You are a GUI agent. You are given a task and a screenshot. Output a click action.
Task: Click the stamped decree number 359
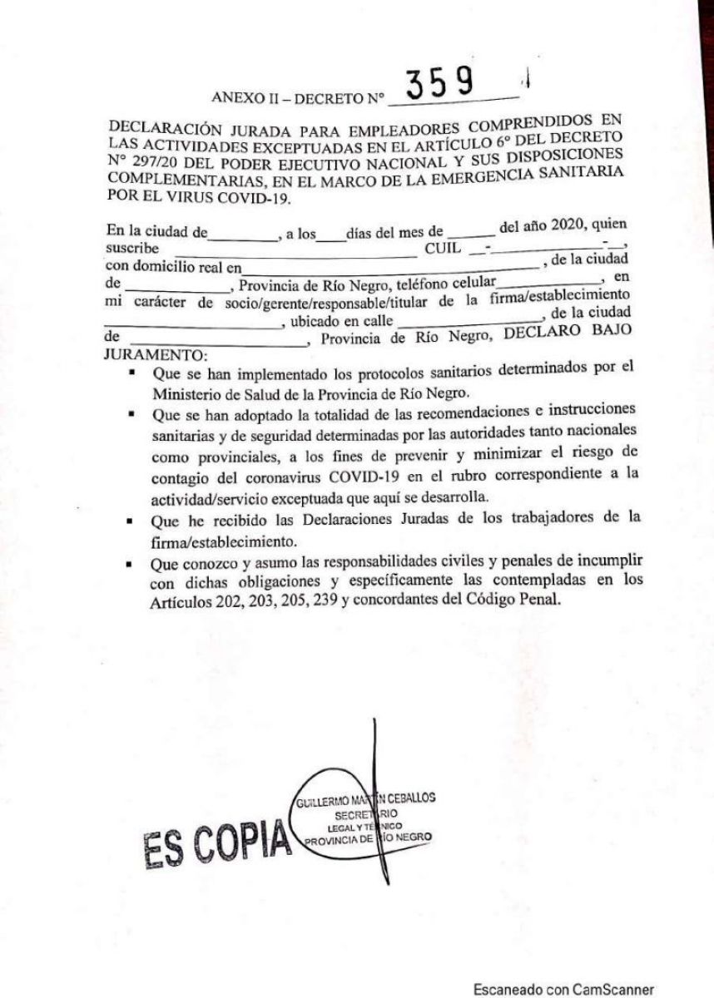(439, 84)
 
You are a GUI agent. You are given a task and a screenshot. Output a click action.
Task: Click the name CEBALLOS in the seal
(408, 802)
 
